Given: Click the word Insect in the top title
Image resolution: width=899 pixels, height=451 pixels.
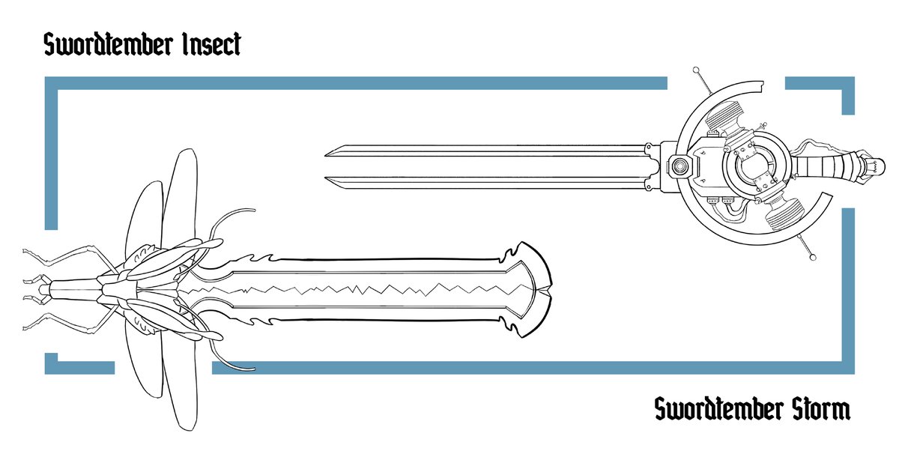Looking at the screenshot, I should [x=212, y=45].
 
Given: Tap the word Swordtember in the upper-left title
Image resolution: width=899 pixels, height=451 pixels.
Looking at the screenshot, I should [x=111, y=45].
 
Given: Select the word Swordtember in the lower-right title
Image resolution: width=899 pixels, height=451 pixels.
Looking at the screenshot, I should [x=720, y=411].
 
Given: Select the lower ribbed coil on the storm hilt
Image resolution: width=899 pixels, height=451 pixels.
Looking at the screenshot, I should [x=787, y=217].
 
